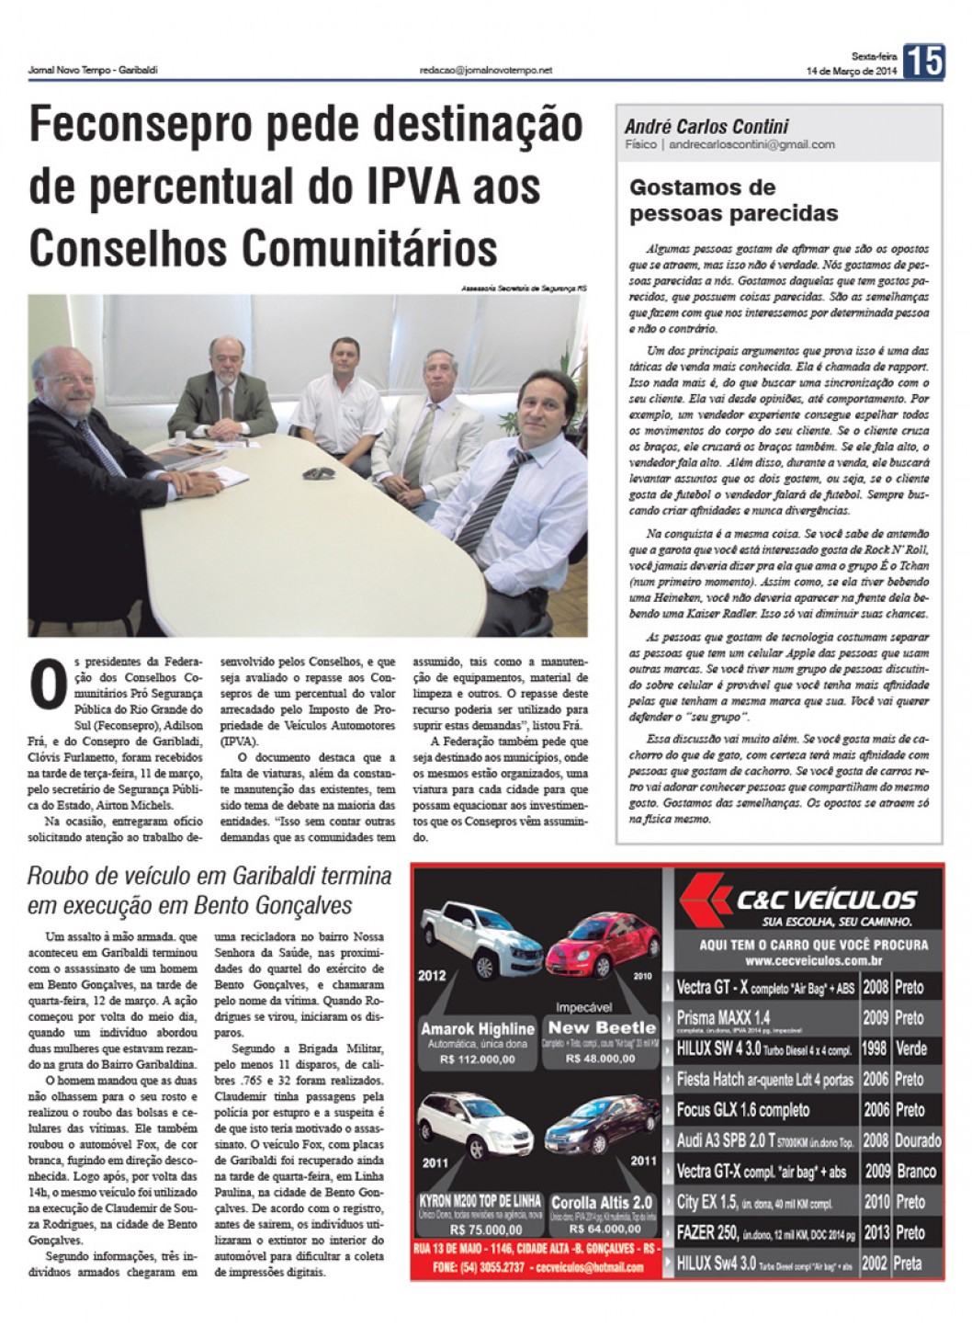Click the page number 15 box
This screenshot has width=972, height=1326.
tap(922, 62)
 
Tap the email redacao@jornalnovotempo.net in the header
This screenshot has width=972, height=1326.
tap(485, 70)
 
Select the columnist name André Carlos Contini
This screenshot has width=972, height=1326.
tap(706, 127)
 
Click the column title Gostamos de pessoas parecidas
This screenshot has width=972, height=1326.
tap(733, 200)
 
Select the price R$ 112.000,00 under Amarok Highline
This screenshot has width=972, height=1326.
tap(479, 1059)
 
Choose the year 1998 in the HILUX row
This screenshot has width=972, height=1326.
tap(875, 1048)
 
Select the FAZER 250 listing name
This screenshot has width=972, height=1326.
tap(706, 1232)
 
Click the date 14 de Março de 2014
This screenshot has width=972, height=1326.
tap(850, 71)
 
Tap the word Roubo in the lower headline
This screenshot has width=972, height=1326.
tap(57, 876)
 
